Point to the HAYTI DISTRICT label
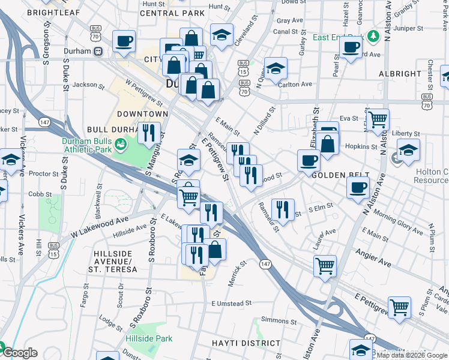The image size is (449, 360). [x=246, y=343]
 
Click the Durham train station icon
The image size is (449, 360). [x=98, y=51]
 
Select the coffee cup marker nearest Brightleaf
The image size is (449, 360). [x=124, y=41]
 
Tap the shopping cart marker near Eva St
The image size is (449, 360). [x=378, y=120]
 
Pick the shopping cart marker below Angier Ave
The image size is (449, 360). [x=325, y=264]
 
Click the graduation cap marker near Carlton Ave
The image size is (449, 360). [x=276, y=70]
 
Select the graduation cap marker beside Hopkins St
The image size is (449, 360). [x=408, y=149]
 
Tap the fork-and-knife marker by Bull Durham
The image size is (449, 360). [x=149, y=133]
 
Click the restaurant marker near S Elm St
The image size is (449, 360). [x=282, y=210]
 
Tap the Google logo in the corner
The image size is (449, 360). [x=19, y=353]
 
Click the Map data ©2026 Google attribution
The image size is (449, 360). [x=412, y=355]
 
